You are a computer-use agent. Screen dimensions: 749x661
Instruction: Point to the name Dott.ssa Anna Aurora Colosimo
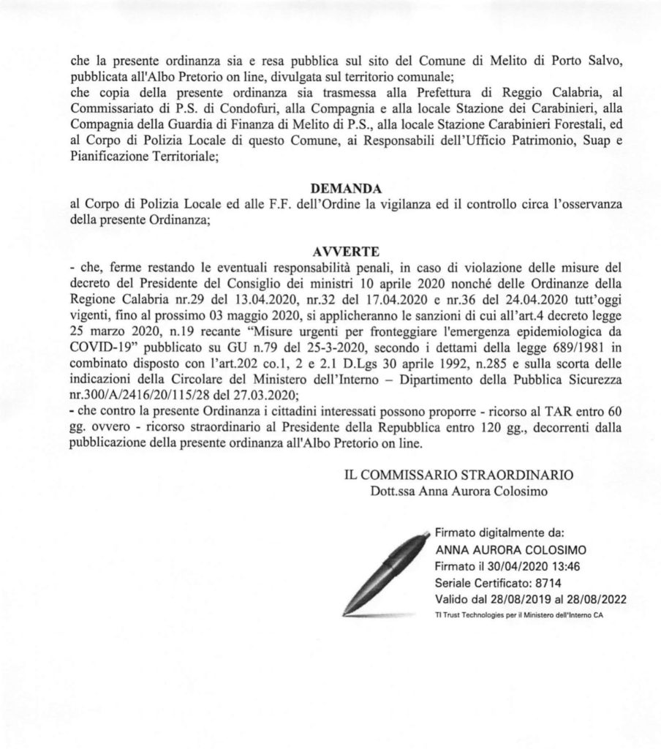[x=459, y=491]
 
